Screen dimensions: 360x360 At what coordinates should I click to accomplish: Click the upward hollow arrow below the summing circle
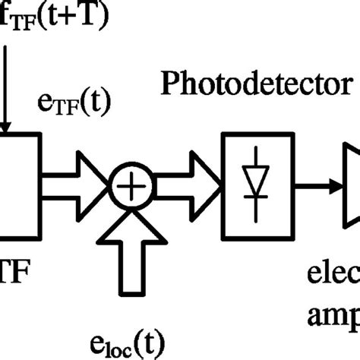[133, 247]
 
